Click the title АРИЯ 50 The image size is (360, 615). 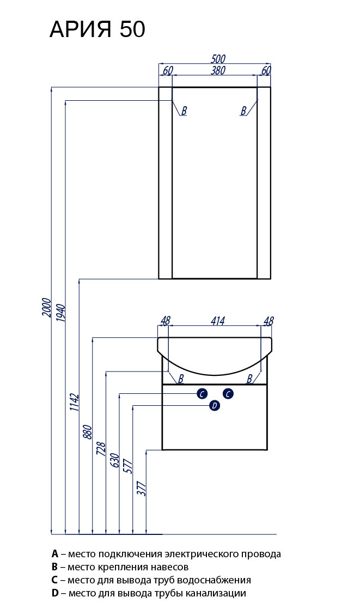pyautogui.click(x=97, y=30)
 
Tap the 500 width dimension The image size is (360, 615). pyautogui.click(x=218, y=59)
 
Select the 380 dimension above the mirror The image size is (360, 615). pyautogui.click(x=218, y=70)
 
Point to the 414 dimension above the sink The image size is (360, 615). pyautogui.click(x=217, y=321)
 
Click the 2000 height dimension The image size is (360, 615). pyautogui.click(x=47, y=308)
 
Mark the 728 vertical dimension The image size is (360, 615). pyautogui.click(x=102, y=448)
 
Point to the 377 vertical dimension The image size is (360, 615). pyautogui.click(x=143, y=488)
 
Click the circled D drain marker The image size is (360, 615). pyautogui.click(x=215, y=405)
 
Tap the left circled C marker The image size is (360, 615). pyautogui.click(x=202, y=393)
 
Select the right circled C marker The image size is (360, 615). pyautogui.click(x=229, y=393)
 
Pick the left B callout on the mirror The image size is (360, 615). pyautogui.click(x=184, y=111)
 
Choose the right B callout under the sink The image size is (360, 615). pyautogui.click(x=250, y=378)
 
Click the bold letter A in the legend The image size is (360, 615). pyautogui.click(x=55, y=554)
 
